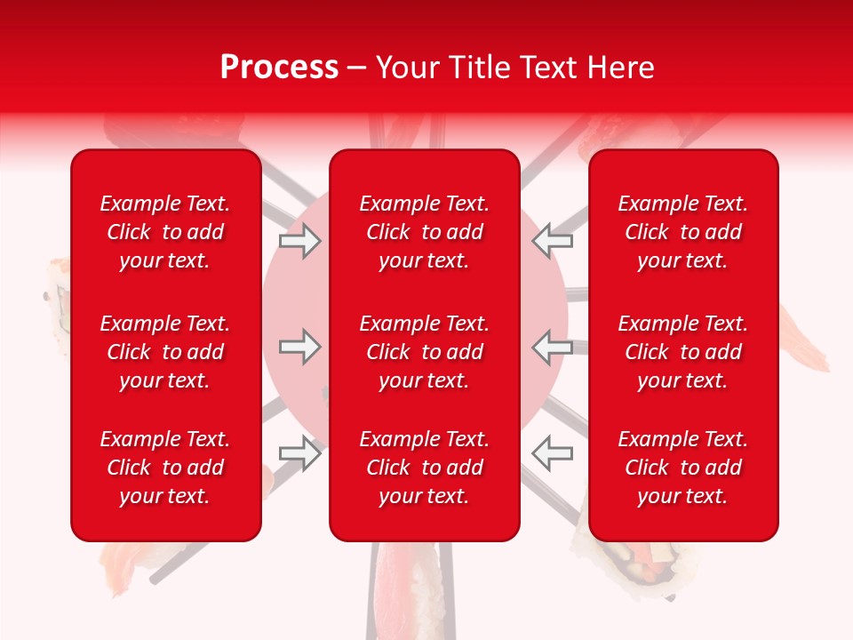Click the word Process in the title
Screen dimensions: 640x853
pos(279,68)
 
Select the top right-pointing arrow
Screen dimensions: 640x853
pos(299,241)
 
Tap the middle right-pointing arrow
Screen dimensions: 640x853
pos(299,347)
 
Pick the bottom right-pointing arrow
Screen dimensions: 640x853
pos(299,452)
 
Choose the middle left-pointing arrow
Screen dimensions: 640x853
pos(552,347)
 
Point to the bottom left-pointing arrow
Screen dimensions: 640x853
pos(552,452)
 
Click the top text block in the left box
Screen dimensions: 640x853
pos(165,232)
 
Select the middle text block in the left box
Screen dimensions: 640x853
pos(165,352)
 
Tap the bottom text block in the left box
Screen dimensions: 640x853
pos(165,468)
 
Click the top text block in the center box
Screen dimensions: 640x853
pos(424,232)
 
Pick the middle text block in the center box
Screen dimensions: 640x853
pos(424,352)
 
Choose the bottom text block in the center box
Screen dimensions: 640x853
pos(424,468)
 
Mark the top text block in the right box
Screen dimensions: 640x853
pos(682,232)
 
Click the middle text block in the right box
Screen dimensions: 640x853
pos(682,352)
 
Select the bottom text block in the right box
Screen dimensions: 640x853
pos(682,468)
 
